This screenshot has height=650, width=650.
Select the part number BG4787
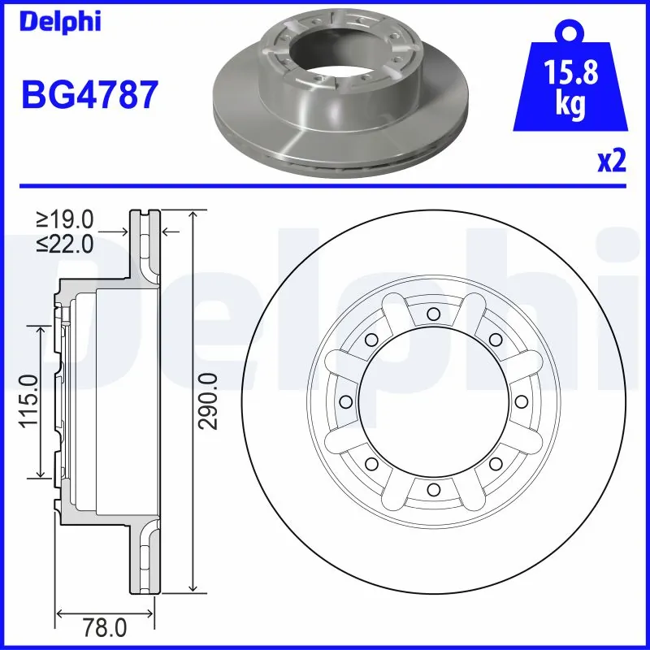(89, 95)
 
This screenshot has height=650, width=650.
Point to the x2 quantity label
(611, 161)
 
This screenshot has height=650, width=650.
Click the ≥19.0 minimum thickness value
(66, 219)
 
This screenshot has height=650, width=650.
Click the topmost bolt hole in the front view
(433, 314)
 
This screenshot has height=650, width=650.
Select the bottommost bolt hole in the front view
(433, 488)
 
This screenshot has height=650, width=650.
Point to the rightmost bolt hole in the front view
(520, 401)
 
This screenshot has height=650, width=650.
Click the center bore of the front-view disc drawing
(433, 401)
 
